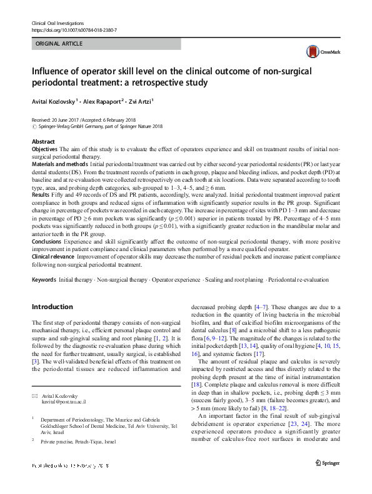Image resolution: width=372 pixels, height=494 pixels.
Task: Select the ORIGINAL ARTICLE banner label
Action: [x=60, y=44]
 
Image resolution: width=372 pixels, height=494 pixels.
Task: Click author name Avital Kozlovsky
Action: [x=54, y=101]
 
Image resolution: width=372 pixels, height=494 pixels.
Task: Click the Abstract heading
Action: [x=44, y=142]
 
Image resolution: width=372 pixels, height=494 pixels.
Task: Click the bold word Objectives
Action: [x=44, y=150]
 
